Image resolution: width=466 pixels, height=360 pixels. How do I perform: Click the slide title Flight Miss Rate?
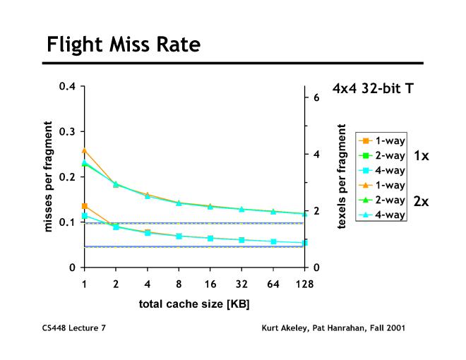pos(124,45)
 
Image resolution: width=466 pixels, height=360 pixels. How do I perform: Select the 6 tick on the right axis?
pos(316,97)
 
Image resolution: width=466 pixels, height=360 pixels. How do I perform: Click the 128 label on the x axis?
pos(304,284)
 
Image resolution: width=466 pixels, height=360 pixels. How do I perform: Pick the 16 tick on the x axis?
pos(210,284)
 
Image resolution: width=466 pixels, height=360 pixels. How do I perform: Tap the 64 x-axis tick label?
pos(273,284)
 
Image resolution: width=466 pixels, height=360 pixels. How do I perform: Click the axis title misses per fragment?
pos(49,177)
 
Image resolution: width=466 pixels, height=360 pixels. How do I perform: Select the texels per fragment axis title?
pos(342,177)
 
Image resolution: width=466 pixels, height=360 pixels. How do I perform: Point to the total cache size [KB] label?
pos(194,304)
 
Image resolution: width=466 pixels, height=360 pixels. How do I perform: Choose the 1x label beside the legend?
pos(421,155)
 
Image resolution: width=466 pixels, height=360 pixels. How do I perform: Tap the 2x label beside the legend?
pos(421,201)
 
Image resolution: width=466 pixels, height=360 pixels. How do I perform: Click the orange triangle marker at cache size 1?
pos(85,150)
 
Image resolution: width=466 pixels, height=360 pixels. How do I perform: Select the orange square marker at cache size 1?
pos(85,206)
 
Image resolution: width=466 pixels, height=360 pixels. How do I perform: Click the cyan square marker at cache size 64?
pos(273,241)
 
